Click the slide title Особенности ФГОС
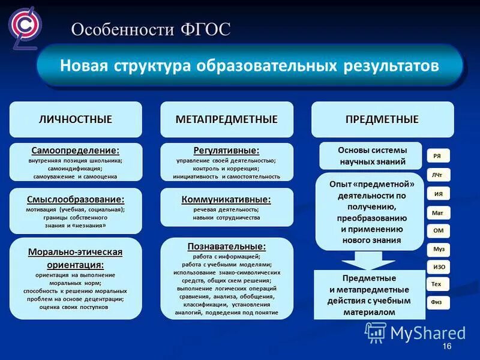(151, 29)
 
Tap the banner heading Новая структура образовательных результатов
(249, 65)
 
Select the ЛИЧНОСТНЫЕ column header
(76, 119)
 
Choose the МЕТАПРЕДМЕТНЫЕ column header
(227, 119)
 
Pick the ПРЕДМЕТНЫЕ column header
(382, 119)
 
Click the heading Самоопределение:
(76, 150)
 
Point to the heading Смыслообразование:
(76, 199)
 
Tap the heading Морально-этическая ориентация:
(76, 258)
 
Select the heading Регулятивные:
(227, 150)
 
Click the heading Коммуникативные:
(227, 199)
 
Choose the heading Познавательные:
(227, 247)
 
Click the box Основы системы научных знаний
(372, 156)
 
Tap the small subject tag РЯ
(437, 156)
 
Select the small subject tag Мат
(437, 212)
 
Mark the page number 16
(446, 348)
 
